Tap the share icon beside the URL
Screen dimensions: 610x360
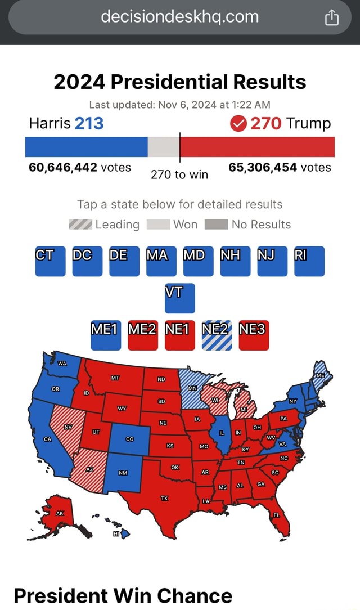click(332, 19)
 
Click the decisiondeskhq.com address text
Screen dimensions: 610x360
click(180, 17)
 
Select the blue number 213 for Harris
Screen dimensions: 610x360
click(89, 123)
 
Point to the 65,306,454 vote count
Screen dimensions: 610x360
click(263, 167)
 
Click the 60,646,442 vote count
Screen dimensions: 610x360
click(63, 167)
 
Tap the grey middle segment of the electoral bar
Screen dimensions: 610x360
click(163, 146)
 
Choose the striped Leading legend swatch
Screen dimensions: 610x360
click(80, 225)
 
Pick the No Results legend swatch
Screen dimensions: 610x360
click(216, 225)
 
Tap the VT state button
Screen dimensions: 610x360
click(180, 298)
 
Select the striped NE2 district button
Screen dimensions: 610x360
click(217, 335)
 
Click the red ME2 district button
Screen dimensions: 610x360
click(143, 335)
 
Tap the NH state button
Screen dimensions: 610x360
click(235, 261)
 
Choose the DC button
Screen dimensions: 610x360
click(87, 261)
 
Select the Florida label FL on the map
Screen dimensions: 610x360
click(276, 515)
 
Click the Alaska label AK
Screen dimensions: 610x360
click(60, 513)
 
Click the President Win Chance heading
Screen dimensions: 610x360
click(123, 595)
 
